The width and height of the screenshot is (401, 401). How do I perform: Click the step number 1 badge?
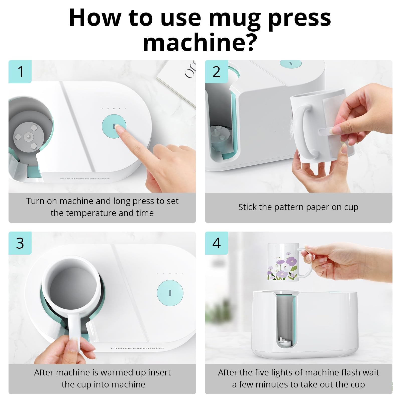[20, 72]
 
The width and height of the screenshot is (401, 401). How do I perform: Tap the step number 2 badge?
[216, 72]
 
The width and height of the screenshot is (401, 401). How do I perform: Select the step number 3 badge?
[20, 243]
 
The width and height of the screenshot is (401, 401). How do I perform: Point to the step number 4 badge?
[216, 243]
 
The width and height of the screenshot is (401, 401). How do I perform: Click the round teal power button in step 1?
[114, 126]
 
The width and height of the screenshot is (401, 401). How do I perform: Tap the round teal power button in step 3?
[170, 293]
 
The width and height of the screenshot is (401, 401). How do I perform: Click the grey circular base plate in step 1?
[28, 137]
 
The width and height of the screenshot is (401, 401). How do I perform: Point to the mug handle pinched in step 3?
[75, 331]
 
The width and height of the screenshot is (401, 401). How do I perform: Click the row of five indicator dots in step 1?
[114, 109]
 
